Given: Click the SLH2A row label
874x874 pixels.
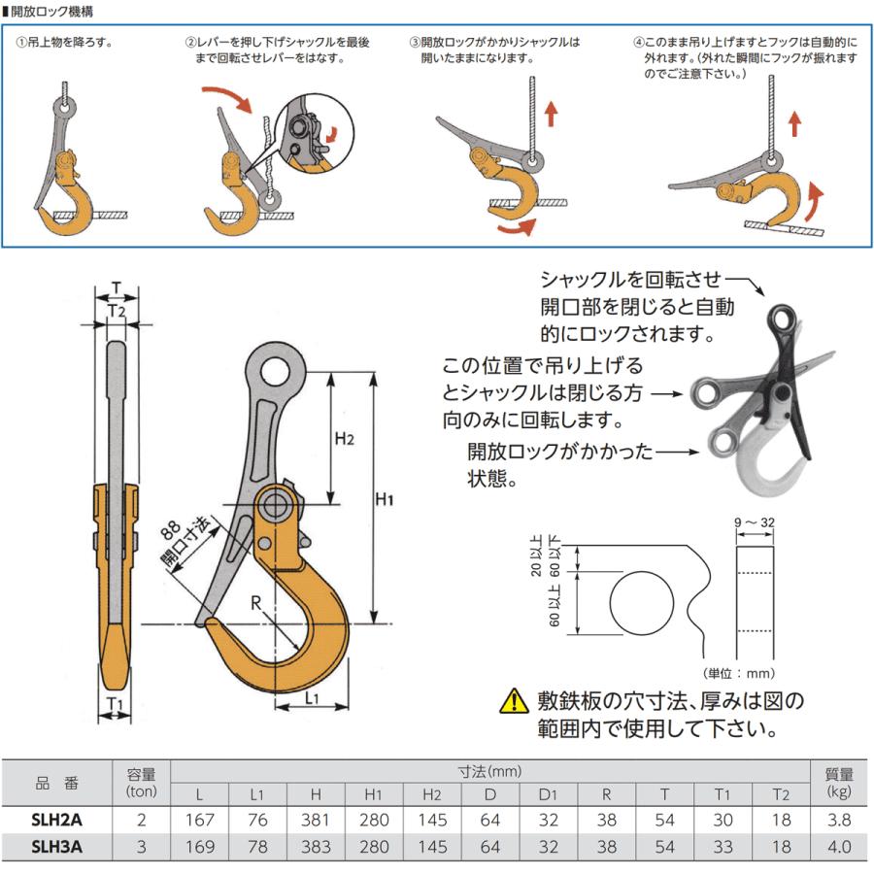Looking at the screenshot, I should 56,821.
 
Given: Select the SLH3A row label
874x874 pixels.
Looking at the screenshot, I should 56,846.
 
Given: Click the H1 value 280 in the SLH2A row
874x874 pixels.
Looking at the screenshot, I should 374,821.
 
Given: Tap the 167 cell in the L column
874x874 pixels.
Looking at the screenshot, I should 200,821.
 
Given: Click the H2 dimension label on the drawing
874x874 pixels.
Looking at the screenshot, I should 345,439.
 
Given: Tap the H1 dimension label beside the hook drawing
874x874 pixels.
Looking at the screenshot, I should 385,501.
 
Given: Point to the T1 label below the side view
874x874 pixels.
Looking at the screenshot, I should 115,703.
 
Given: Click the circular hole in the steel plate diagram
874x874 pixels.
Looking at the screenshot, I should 642,603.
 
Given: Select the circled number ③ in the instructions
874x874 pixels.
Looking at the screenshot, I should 415,43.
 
